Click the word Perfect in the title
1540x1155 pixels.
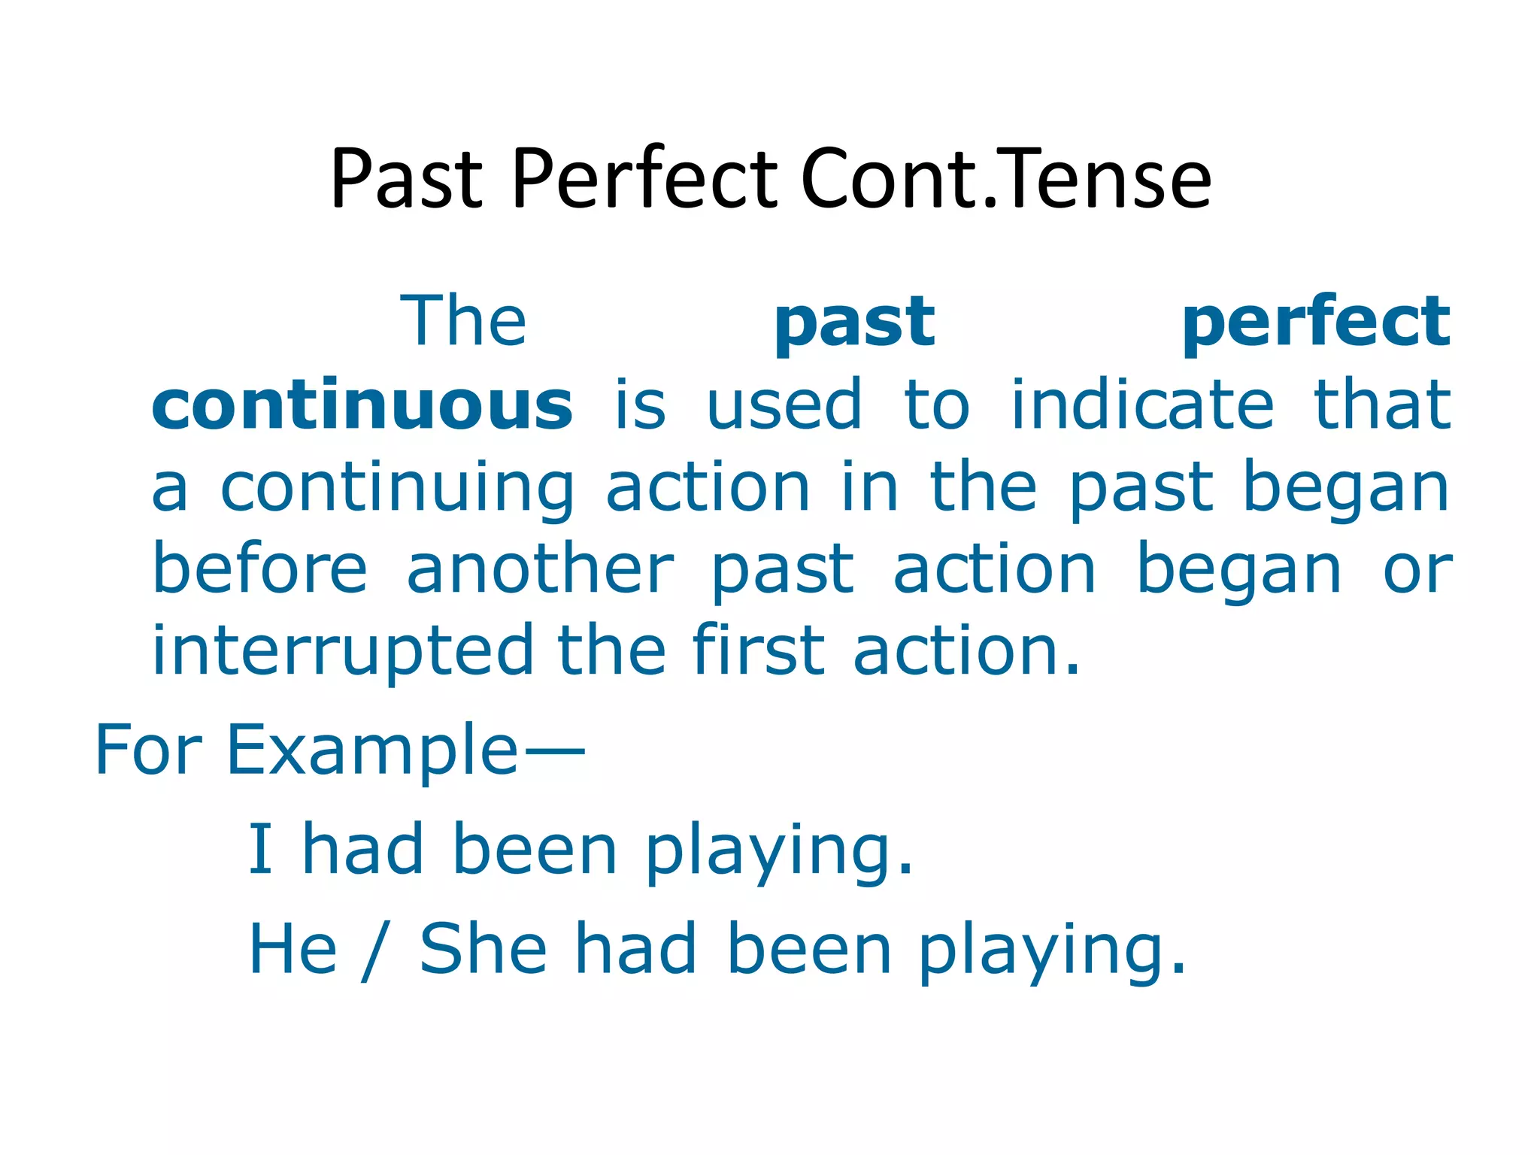644,179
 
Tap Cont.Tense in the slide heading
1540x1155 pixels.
1006,179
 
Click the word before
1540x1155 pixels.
260,569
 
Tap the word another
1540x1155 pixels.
540,569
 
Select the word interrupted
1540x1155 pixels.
342,650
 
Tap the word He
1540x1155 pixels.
293,949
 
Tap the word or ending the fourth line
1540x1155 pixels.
1417,571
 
